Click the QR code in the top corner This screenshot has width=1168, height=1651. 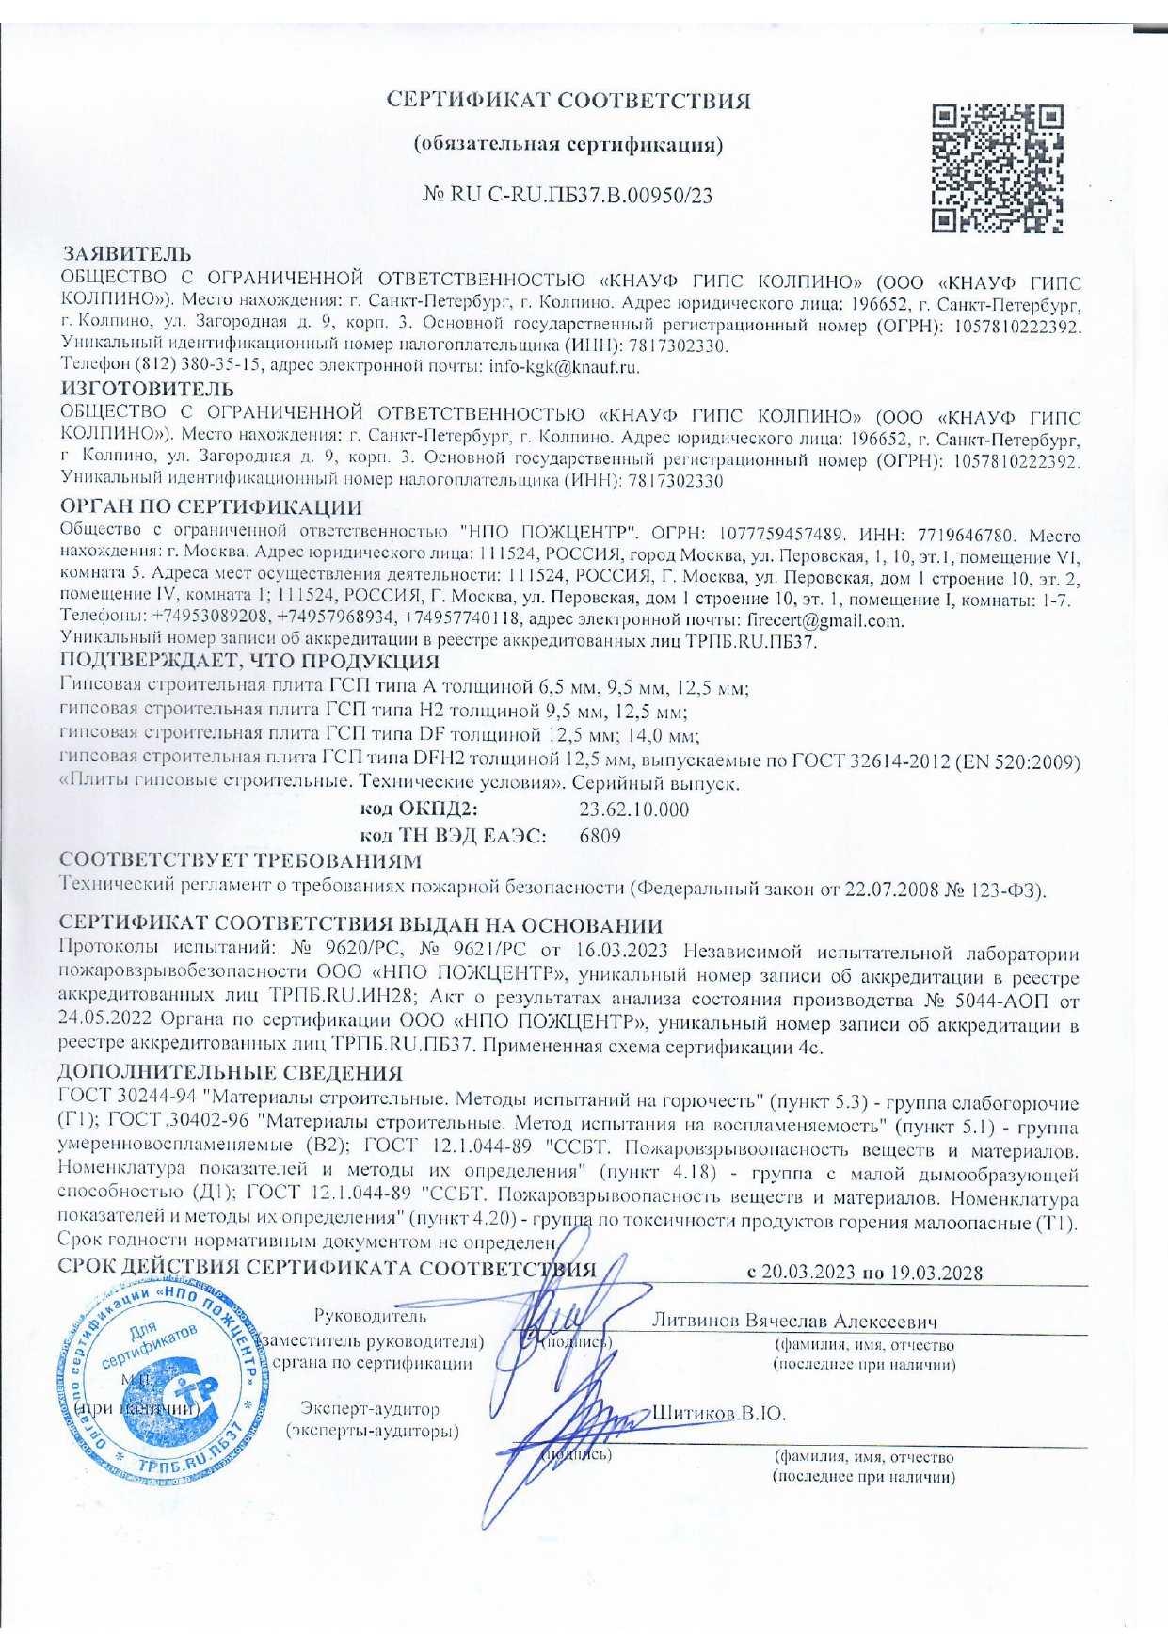click(996, 168)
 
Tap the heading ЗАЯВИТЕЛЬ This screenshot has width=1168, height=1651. click(127, 254)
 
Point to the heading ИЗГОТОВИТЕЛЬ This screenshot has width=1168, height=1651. click(148, 388)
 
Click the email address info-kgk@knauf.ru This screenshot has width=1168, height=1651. click(565, 367)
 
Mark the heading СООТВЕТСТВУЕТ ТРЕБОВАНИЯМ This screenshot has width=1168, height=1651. click(240, 860)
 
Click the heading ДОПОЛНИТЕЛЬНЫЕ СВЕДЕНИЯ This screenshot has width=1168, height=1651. click(231, 1073)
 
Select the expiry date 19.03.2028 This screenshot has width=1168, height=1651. click(934, 1273)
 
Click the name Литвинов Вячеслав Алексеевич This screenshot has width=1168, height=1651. click(794, 1321)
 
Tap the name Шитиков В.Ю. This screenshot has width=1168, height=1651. click(718, 1413)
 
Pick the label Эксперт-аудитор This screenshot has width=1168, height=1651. click(370, 1409)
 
